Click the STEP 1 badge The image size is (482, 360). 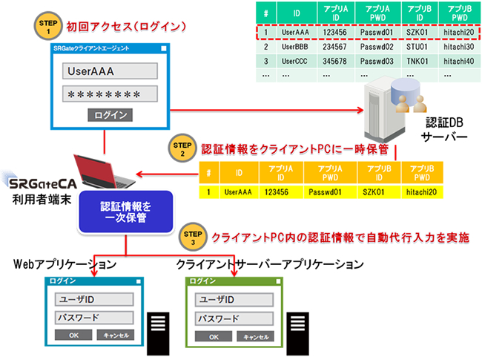click(44, 27)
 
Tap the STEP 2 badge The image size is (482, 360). click(180, 145)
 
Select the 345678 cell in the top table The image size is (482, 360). click(337, 60)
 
